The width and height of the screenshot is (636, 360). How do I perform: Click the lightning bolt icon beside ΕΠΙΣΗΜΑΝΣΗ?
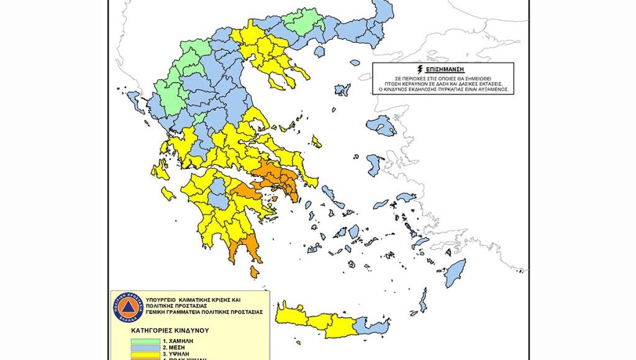point(420,69)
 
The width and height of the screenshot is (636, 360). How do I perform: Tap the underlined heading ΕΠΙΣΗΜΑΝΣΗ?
point(443,69)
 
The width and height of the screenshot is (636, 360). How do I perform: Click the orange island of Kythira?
point(254,272)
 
